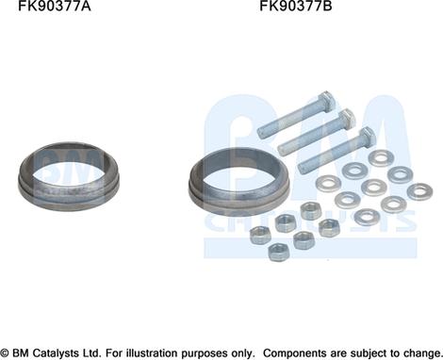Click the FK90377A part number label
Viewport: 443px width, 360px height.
coord(55,6)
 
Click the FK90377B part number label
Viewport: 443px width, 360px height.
coord(296,6)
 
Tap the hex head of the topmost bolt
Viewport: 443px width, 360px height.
coord(327,101)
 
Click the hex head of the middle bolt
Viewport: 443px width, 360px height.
coord(346,118)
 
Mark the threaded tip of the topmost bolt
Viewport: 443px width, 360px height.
coord(263,132)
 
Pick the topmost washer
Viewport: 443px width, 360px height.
coord(381,158)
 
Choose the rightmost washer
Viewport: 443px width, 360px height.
coord(419,191)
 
